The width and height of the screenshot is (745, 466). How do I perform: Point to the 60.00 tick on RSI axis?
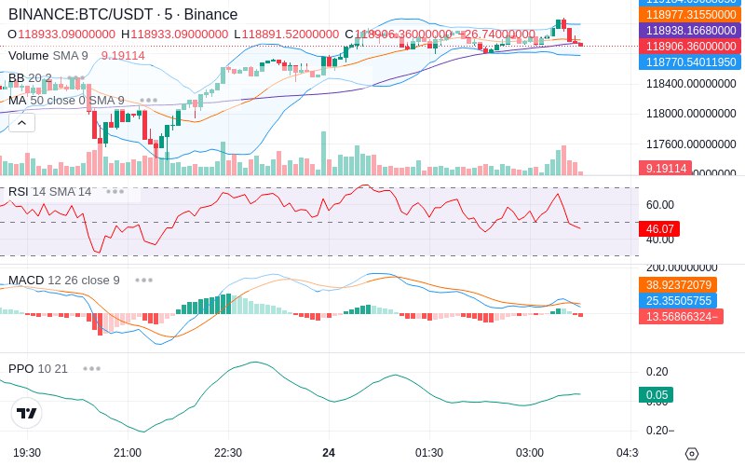coord(660,205)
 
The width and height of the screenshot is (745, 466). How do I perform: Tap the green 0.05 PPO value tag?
coord(656,395)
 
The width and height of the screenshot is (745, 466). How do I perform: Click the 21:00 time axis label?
coord(128,452)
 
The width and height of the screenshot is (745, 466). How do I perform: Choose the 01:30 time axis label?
coord(428,452)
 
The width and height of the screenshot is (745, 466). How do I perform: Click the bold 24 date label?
coord(329,452)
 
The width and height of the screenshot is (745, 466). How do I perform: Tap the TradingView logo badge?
coord(27,413)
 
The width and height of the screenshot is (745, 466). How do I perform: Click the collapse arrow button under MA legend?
coord(22,122)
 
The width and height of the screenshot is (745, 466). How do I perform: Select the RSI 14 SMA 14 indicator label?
coord(50,192)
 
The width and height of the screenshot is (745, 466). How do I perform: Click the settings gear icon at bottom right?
coord(691,454)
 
